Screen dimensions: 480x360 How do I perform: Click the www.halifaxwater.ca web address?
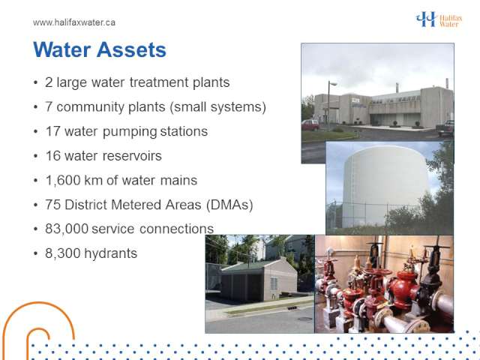(x=74, y=22)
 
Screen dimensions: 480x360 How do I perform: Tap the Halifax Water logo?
(x=439, y=19)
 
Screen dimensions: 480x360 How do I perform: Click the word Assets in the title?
(x=131, y=49)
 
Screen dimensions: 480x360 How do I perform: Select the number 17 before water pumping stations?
(x=52, y=131)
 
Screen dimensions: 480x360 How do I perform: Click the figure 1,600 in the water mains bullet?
(x=63, y=180)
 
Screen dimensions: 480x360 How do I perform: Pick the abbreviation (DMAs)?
(x=229, y=205)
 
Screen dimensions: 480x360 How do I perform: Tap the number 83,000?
(x=67, y=229)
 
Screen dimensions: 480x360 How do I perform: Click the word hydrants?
(x=110, y=253)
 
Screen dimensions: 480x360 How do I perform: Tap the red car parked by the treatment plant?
(x=310, y=124)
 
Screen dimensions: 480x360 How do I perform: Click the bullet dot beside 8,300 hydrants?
(x=36, y=253)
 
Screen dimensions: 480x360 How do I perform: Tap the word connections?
(x=177, y=229)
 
